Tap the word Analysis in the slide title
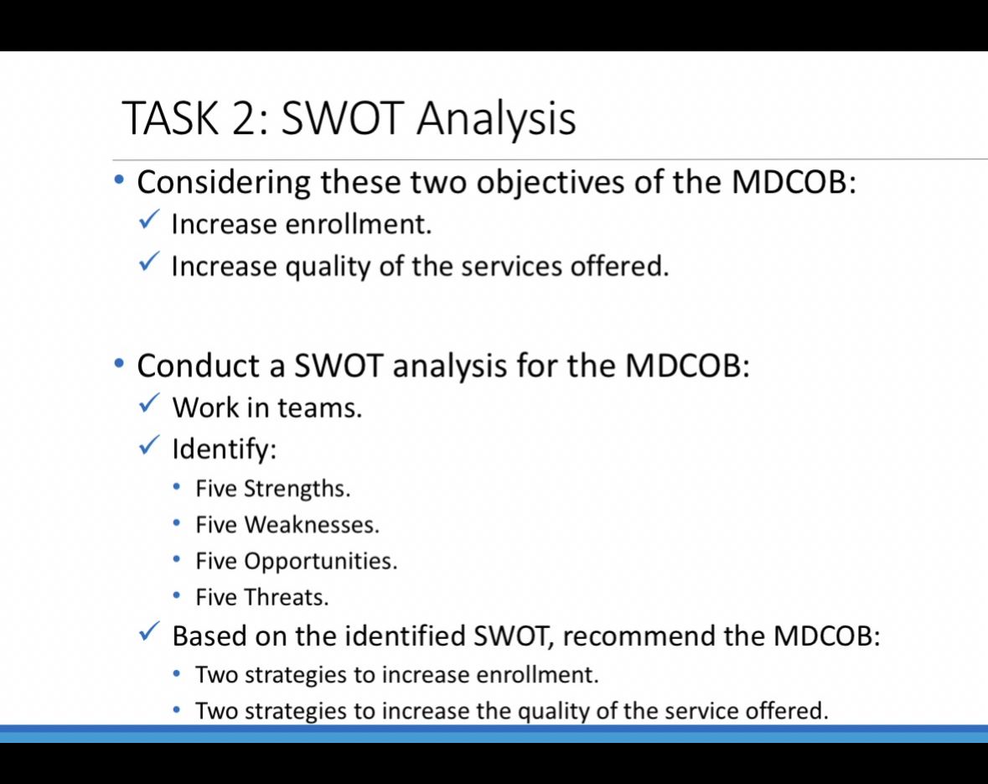(496, 118)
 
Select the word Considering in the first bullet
(224, 182)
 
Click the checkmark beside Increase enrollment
(149, 222)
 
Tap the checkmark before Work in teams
(149, 405)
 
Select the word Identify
(223, 450)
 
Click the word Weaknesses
(312, 526)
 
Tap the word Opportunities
(320, 562)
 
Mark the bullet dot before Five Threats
(177, 596)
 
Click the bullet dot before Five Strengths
(177, 487)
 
